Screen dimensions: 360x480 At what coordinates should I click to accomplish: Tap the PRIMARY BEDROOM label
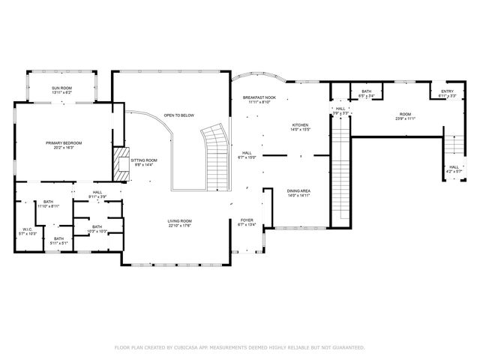(63, 143)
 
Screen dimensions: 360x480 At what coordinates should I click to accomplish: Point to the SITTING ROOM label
(144, 160)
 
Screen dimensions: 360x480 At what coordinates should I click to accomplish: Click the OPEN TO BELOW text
(179, 115)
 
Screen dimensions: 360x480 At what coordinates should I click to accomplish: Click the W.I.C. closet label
(28, 230)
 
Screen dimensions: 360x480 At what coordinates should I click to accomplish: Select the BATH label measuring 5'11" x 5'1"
(58, 239)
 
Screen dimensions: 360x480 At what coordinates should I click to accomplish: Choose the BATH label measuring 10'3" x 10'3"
(97, 227)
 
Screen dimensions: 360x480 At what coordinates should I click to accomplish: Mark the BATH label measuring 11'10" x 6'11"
(49, 202)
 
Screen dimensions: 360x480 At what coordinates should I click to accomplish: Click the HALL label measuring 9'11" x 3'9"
(97, 193)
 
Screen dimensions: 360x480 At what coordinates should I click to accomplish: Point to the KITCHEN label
(300, 125)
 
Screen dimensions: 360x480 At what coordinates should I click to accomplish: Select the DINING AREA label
(299, 191)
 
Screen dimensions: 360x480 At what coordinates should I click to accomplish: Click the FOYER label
(247, 220)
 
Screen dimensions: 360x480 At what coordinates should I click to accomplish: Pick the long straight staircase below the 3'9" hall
(341, 172)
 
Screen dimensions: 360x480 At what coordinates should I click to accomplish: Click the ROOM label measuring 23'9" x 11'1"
(405, 115)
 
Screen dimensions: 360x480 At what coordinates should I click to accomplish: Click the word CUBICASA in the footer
(193, 347)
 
